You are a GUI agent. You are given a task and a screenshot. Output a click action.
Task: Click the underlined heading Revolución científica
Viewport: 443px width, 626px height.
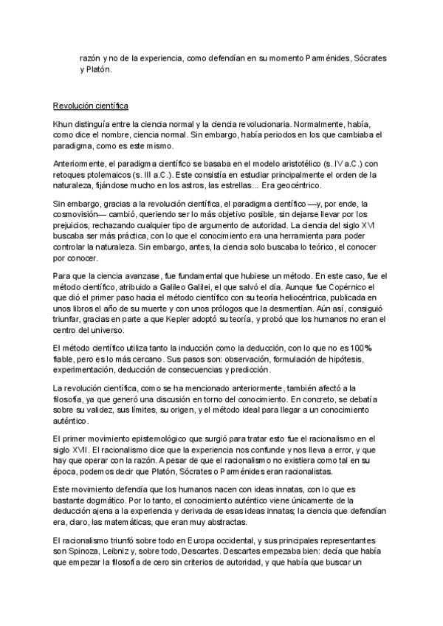91,105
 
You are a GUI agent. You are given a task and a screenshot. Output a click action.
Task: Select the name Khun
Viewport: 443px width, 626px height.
63,125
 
